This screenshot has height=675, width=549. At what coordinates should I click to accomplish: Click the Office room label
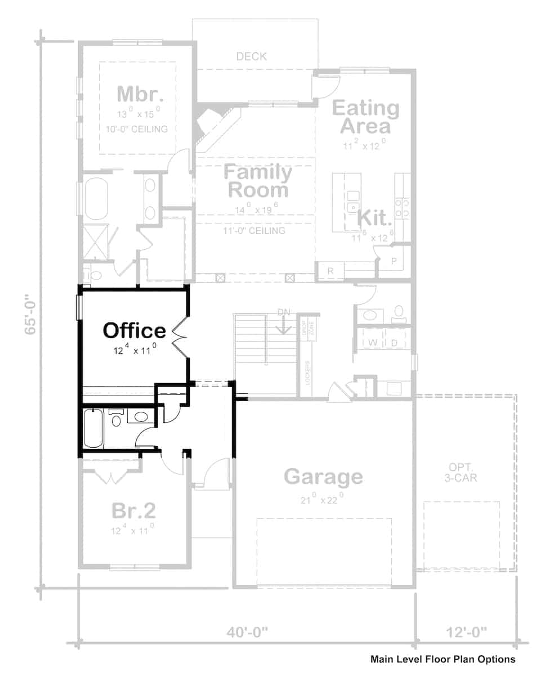[x=134, y=330]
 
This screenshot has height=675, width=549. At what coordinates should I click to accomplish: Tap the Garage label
[x=323, y=476]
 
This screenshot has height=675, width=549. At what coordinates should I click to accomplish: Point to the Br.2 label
[x=133, y=511]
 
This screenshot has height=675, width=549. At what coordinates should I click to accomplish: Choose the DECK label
[x=251, y=56]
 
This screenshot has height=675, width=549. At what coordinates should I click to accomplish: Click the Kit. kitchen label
[x=375, y=217]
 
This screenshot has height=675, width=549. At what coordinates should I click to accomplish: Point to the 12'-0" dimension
[x=466, y=632]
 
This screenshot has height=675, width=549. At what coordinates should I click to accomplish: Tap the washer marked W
[x=372, y=342]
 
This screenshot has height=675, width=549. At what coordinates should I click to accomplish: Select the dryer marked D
[x=394, y=342]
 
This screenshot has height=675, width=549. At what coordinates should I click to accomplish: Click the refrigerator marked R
[x=331, y=271]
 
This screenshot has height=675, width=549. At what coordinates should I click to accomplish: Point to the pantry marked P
[x=393, y=260]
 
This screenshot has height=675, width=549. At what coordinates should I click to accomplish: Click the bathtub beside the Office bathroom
[x=93, y=429]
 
